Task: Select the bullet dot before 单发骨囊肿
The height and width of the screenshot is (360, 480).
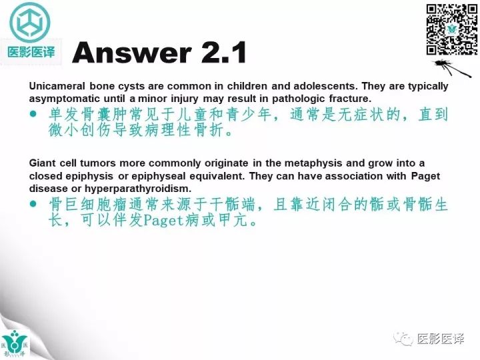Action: coord(34,115)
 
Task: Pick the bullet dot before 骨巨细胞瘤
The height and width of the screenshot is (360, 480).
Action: coord(34,205)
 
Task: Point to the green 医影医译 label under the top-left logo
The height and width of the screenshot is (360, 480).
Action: coord(31,52)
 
